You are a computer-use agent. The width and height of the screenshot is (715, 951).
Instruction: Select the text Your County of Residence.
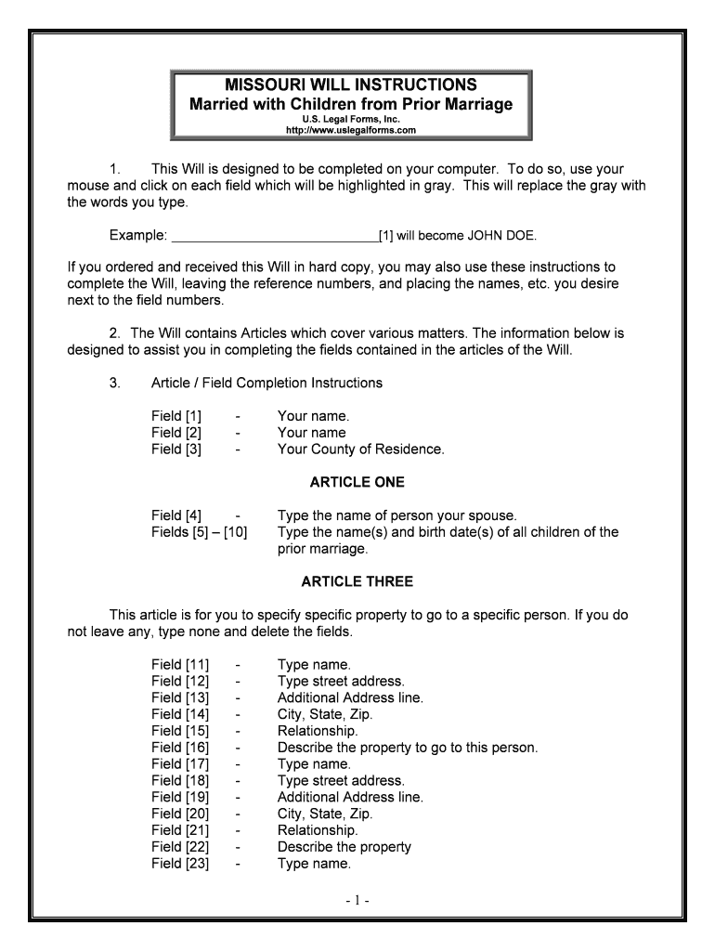(x=360, y=449)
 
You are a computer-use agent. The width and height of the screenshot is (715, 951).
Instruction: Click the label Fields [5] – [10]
(x=199, y=532)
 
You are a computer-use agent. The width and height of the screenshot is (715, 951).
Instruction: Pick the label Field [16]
(x=180, y=748)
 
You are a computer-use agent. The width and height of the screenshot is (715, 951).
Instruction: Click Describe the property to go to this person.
(x=408, y=748)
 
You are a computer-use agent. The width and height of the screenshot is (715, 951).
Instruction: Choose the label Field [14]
(x=180, y=714)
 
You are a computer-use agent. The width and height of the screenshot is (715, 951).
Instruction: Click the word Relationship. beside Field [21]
(x=318, y=830)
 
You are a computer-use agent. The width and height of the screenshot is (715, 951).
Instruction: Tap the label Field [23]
(x=180, y=864)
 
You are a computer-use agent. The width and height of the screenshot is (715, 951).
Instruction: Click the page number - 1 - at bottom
(x=357, y=901)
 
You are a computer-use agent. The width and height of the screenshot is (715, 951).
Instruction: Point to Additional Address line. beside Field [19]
(x=350, y=797)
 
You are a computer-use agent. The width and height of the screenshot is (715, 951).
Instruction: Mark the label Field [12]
(x=180, y=681)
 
